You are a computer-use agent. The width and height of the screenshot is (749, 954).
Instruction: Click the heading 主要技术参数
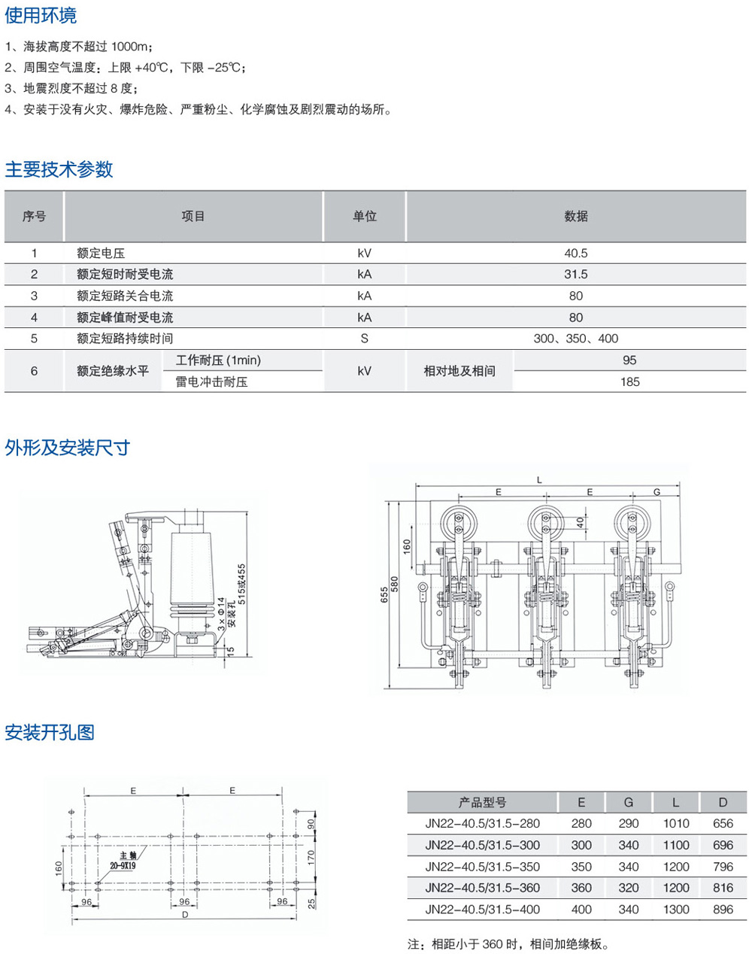pyautogui.click(x=59, y=169)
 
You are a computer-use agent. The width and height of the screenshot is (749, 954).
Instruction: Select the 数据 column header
pyautogui.click(x=576, y=216)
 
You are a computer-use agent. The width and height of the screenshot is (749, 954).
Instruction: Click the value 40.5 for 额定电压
pyautogui.click(x=576, y=253)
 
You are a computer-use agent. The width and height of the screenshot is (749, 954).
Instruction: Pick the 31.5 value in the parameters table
pyautogui.click(x=576, y=274)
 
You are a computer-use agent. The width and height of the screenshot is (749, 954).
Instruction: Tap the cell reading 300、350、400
pyautogui.click(x=576, y=339)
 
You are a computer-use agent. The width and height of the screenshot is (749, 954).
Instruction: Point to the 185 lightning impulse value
pyautogui.click(x=629, y=381)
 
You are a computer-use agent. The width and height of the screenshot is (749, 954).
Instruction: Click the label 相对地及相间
pyautogui.click(x=459, y=371)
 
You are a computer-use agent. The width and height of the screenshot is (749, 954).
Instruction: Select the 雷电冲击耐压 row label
pyautogui.click(x=211, y=381)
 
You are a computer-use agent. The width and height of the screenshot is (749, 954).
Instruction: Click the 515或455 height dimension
pyautogui.click(x=241, y=585)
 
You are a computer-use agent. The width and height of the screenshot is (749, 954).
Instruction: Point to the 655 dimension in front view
pyautogui.click(x=384, y=594)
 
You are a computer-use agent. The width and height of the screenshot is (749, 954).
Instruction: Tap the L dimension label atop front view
pyautogui.click(x=539, y=480)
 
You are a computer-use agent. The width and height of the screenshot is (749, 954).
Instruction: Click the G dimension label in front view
pyautogui.click(x=657, y=492)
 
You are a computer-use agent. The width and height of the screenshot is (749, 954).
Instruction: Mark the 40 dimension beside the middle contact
pyautogui.click(x=581, y=522)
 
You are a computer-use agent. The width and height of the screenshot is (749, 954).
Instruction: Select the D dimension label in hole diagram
pyautogui.click(x=185, y=915)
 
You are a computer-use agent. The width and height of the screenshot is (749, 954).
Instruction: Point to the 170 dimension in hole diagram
pyautogui.click(x=311, y=858)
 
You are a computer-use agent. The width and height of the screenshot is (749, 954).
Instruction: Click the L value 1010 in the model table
pyautogui.click(x=676, y=823)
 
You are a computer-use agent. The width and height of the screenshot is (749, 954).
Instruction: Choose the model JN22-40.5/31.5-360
pyautogui.click(x=482, y=888)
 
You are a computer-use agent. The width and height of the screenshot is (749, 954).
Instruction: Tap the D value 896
pyautogui.click(x=723, y=909)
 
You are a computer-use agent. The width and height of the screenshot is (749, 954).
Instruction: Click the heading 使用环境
pyautogui.click(x=41, y=15)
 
